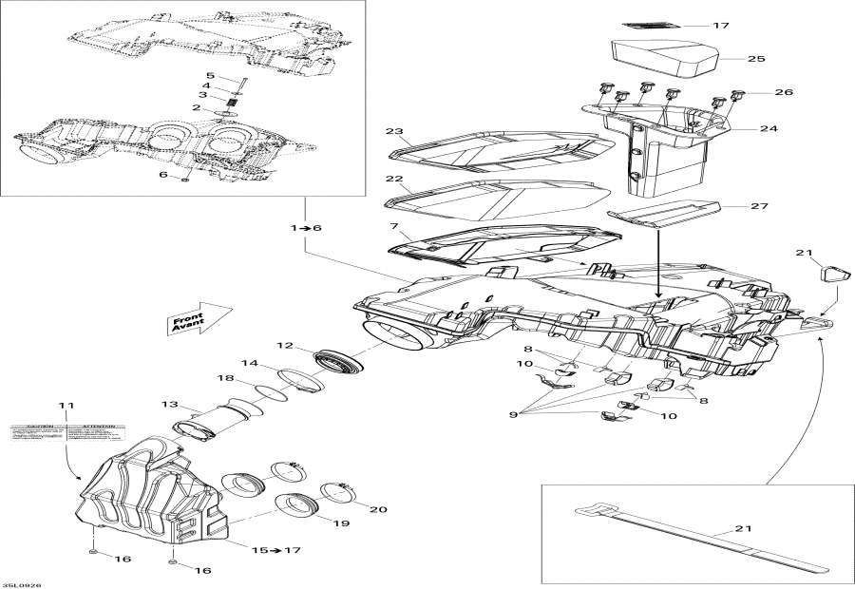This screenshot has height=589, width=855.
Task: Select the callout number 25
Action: [x=754, y=59]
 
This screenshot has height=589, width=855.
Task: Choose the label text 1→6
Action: [x=306, y=228]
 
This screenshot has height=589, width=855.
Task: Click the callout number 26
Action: [x=784, y=92]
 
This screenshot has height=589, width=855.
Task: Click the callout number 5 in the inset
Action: [x=210, y=76]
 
